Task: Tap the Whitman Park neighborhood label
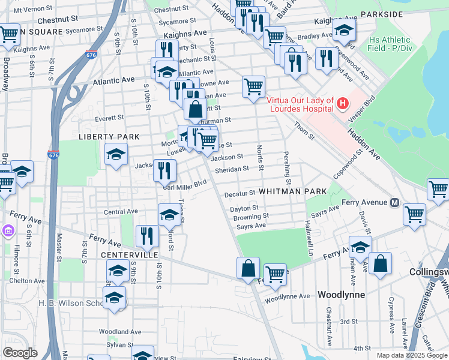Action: click(292, 191)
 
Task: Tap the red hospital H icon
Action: click(342, 104)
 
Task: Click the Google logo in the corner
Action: click(20, 352)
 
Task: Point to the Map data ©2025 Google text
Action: click(412, 355)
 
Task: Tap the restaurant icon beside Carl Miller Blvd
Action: click(164, 170)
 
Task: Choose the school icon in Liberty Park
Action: click(116, 155)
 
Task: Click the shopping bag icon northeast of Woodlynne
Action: click(379, 263)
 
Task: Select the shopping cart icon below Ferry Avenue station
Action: click(414, 214)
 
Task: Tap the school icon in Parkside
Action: click(344, 29)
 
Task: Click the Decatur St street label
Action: click(240, 194)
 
